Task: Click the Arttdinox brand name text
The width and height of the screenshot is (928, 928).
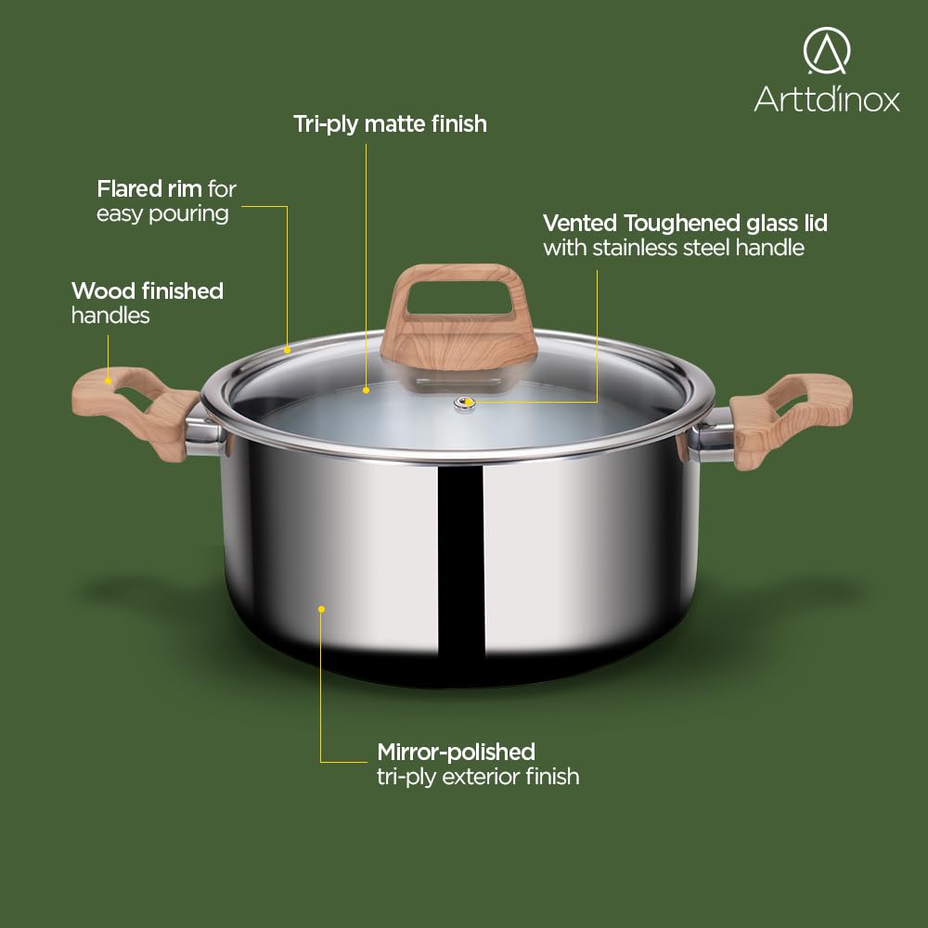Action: (826, 98)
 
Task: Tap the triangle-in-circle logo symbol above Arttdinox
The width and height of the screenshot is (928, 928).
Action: (826, 50)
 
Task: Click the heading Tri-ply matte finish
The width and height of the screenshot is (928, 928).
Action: (390, 125)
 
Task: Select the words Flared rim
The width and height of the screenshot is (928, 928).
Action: (149, 188)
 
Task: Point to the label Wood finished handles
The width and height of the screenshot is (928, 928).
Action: (148, 303)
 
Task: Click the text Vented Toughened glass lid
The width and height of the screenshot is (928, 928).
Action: (685, 223)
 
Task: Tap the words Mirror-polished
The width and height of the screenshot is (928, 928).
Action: (456, 753)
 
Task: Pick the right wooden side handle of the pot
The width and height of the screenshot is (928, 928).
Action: (790, 418)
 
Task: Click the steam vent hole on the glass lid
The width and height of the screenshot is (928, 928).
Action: (465, 404)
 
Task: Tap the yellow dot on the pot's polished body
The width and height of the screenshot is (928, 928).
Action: (321, 609)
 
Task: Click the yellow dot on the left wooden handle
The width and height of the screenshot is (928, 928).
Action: (108, 381)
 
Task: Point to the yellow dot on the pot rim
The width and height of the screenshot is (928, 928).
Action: (287, 350)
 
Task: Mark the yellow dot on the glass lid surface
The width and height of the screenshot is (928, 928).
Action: (367, 390)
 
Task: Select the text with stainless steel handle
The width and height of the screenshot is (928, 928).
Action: (674, 248)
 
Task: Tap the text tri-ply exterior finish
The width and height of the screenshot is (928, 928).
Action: (478, 777)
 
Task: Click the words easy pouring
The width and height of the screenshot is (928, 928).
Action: (162, 213)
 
